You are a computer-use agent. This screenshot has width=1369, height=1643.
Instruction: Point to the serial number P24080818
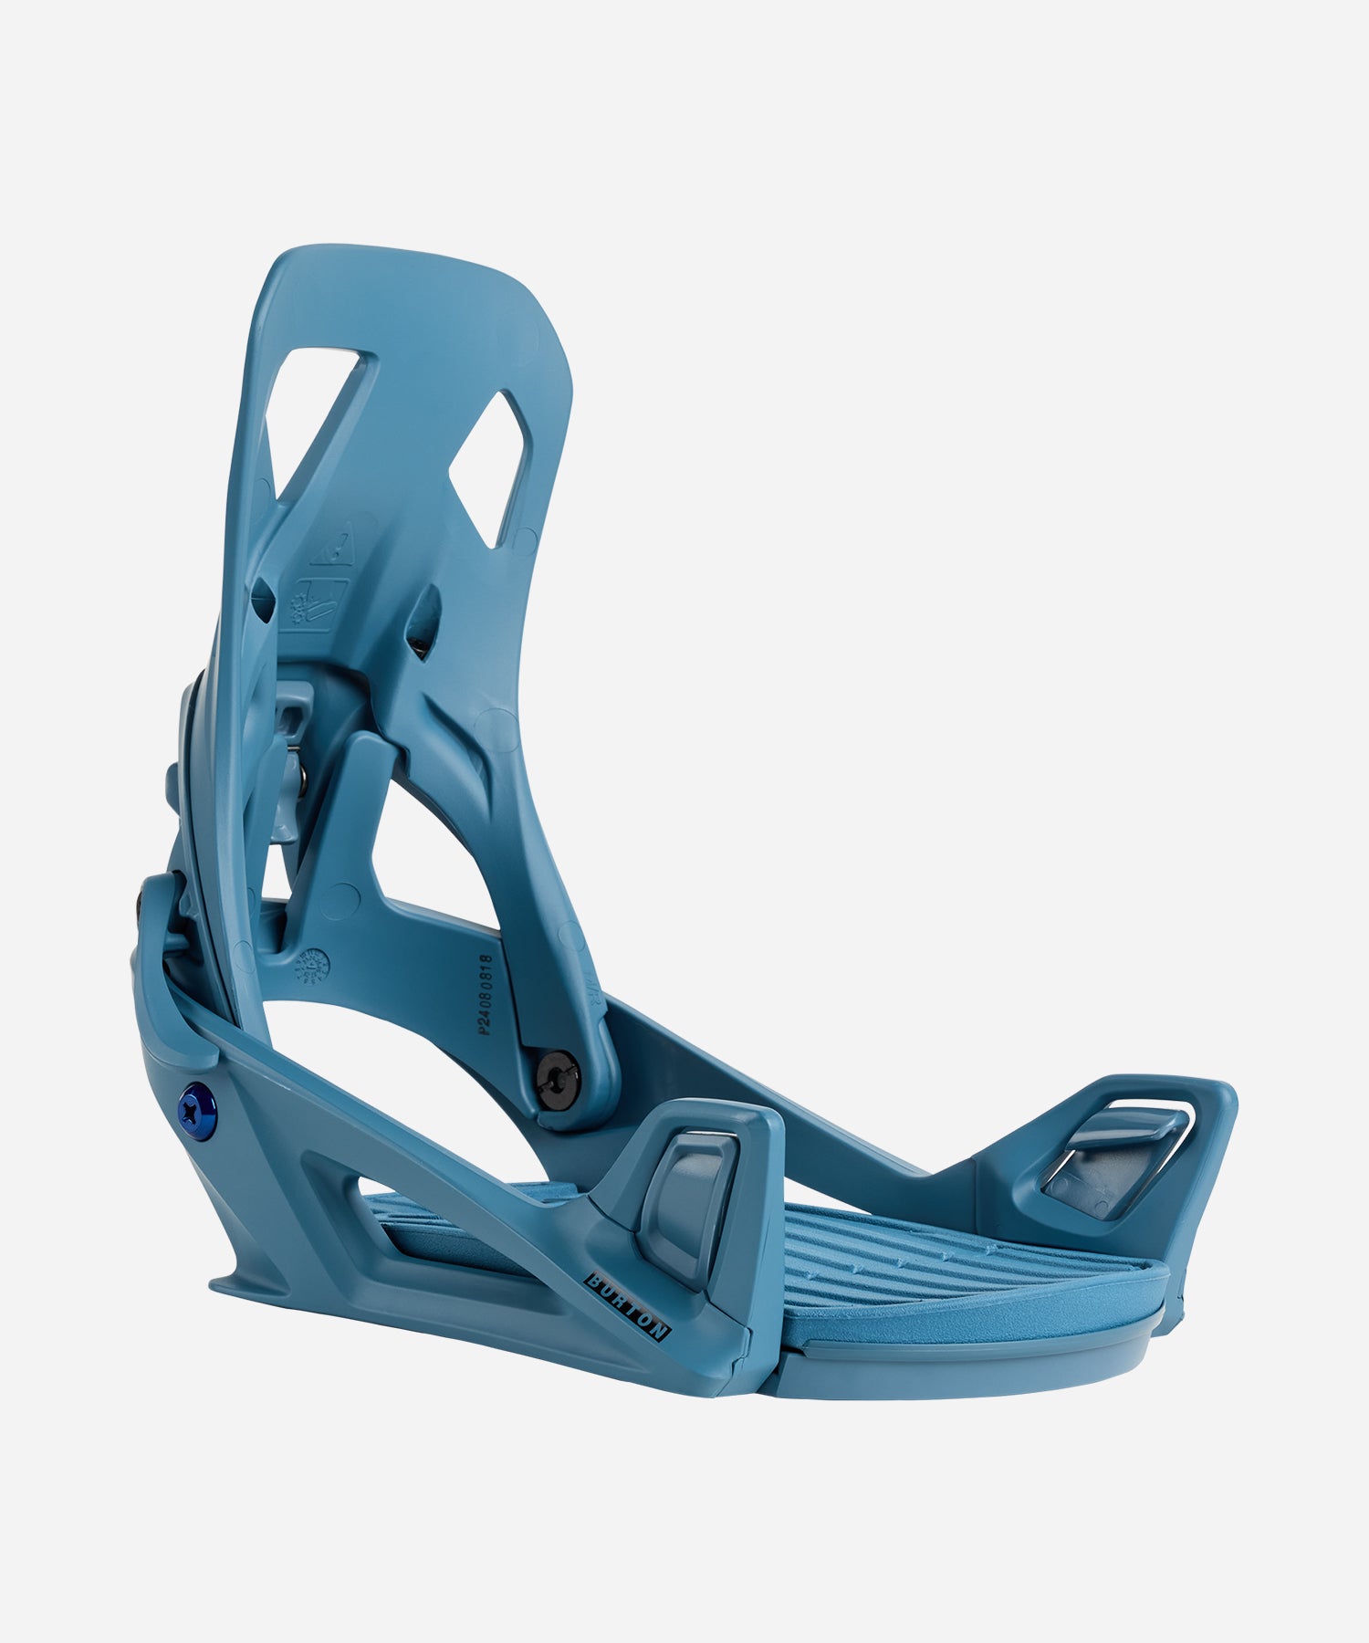point(486,995)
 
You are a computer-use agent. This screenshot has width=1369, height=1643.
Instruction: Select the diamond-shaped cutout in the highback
point(489,469)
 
